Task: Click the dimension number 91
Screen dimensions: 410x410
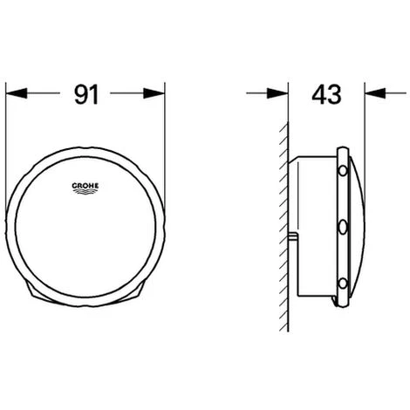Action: (86, 94)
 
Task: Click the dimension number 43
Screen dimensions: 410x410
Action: (326, 94)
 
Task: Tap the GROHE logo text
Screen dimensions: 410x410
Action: (85, 186)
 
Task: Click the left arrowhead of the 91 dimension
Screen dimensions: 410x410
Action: (17, 93)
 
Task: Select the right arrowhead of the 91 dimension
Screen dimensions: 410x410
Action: (154, 93)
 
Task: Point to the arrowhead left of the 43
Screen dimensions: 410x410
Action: (277, 93)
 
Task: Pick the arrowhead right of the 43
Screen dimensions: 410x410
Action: (375, 93)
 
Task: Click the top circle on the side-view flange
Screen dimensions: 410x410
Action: (343, 171)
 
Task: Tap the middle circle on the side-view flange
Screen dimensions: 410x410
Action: (343, 227)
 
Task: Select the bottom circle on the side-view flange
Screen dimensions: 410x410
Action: (343, 283)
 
